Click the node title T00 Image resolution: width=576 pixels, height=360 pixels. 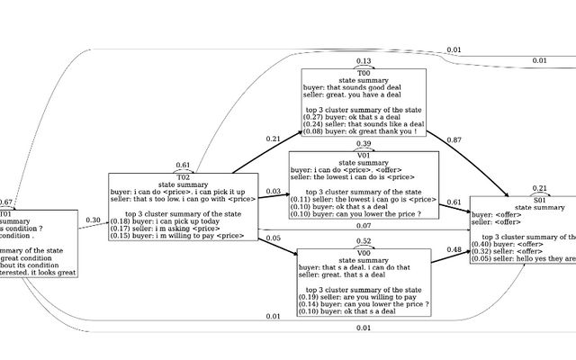point(364,72)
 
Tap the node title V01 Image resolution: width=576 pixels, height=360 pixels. point(364,154)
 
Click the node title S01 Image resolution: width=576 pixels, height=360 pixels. point(540,200)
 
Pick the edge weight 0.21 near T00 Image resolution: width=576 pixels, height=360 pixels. point(274,139)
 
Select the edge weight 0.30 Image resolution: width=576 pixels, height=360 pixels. point(93,220)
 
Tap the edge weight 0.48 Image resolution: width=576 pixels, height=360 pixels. point(455,249)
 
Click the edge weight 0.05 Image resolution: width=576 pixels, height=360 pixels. point(274,238)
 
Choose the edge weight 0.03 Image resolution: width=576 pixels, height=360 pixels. point(274,192)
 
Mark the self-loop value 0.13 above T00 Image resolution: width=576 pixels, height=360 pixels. point(364,61)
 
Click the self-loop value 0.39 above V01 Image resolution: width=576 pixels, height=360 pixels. point(364,143)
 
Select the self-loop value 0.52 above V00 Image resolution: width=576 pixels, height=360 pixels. point(364,242)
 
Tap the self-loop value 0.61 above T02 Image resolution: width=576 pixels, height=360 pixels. point(183,166)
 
